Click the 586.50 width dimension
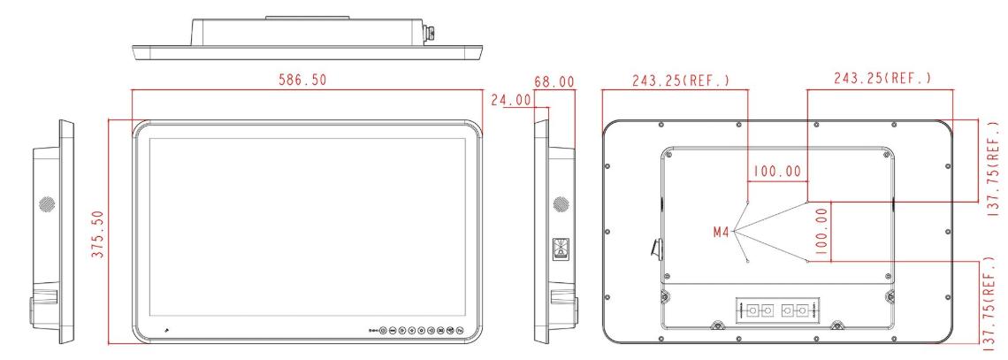pos(302,80)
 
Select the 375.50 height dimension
pos(98,234)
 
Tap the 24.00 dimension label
pos(511,100)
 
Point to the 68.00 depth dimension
pos(554,81)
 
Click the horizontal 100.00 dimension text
pos(777,172)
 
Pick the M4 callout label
pos(722,232)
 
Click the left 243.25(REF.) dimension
pos(681,80)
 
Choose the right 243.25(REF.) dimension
pos(882,79)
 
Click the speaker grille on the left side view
pos(46,204)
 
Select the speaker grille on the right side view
pos(561,204)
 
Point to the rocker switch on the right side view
pos(561,249)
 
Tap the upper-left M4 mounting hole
pos(748,201)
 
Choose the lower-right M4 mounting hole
pos(807,260)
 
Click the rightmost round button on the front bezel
pos(461,331)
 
